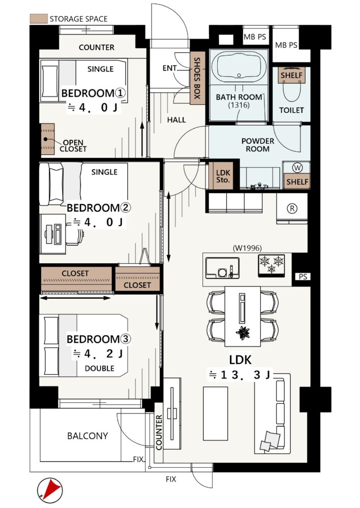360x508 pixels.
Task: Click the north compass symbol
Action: pyautogui.click(x=50, y=490)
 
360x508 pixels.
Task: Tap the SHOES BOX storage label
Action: pyautogui.click(x=197, y=78)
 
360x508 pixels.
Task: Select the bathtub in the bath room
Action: pyautogui.click(x=239, y=67)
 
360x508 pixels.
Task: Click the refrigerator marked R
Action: pyautogui.click(x=292, y=208)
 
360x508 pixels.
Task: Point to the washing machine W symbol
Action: pyautogui.click(x=297, y=168)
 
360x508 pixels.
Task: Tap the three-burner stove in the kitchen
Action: pyautogui.click(x=272, y=266)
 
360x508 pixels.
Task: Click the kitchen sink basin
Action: pyautogui.click(x=223, y=268)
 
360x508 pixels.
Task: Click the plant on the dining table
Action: pyautogui.click(x=243, y=332)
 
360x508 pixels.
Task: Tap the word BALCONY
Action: pyautogui.click(x=87, y=436)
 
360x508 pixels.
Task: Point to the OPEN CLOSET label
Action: pyautogui.click(x=73, y=146)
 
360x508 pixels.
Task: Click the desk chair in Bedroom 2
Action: pyautogui.click(x=75, y=233)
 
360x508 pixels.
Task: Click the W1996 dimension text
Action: pyautogui.click(x=247, y=248)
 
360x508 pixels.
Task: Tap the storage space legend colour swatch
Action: pyautogui.click(x=39, y=19)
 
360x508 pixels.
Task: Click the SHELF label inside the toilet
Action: pyautogui.click(x=291, y=75)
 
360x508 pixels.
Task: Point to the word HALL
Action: pyautogui.click(x=176, y=120)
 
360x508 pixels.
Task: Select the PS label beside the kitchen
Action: pyautogui.click(x=303, y=277)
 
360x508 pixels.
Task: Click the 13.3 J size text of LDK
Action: pyautogui.click(x=239, y=375)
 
